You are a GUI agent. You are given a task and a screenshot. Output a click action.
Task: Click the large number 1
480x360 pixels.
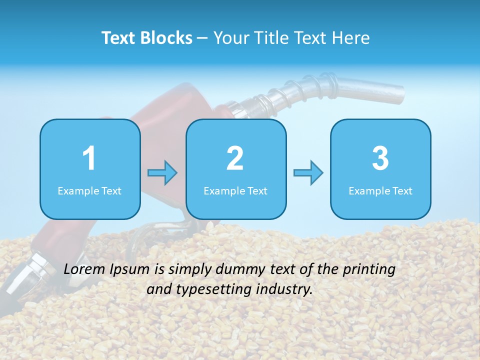point(89,158)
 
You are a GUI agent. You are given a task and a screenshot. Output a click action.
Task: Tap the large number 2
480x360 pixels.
point(235,158)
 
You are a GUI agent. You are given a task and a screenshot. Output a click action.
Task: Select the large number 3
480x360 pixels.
point(380,158)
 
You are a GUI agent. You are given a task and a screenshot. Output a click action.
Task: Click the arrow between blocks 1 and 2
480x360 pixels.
point(162,173)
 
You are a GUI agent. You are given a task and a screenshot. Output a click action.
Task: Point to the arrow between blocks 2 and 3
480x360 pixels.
point(308,173)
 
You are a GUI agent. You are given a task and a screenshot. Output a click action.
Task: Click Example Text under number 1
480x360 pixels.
point(89,190)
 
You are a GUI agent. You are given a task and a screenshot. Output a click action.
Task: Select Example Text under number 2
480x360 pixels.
point(235,190)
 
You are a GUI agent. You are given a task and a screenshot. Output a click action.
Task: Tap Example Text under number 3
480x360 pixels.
point(380,190)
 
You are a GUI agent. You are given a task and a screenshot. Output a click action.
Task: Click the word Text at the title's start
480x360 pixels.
point(118,38)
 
